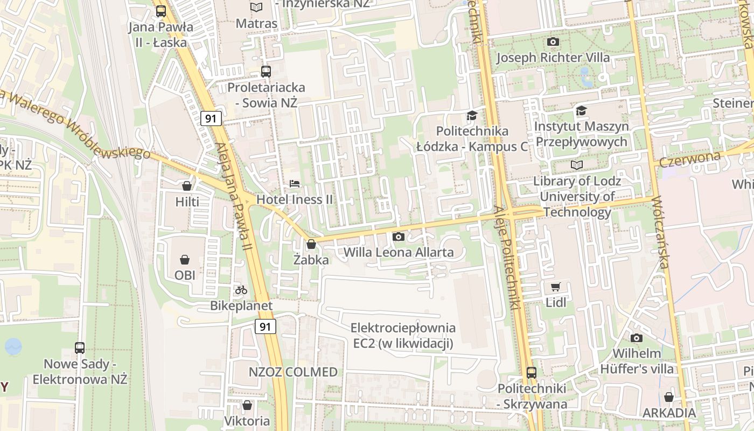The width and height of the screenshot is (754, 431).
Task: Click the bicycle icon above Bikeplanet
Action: coord(241,290)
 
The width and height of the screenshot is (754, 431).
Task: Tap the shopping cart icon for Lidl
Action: coord(556,287)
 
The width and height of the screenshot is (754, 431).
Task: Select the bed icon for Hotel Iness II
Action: coord(295,184)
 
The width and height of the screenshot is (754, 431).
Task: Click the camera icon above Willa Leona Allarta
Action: coord(399,237)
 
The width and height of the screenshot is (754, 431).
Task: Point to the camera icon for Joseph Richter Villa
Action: coord(553,41)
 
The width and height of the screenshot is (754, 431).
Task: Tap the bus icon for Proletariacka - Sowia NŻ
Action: coord(266,71)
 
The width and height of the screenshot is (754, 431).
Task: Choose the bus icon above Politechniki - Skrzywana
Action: coord(532,372)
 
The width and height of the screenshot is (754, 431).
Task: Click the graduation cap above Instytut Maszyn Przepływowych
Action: coord(581,111)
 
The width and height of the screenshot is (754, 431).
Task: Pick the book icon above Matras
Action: coord(256,7)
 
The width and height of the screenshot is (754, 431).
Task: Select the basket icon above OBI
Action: coord(185,260)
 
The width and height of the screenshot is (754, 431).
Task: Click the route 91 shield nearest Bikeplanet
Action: coord(265,326)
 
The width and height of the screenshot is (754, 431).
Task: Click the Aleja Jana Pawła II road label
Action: coord(234,196)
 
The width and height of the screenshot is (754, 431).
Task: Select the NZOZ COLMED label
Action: coord(293,372)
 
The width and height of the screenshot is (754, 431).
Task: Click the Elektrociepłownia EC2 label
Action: coord(403,335)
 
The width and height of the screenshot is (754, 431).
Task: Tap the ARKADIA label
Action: coord(669,413)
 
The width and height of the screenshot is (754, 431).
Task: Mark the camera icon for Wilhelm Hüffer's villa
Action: coord(637,338)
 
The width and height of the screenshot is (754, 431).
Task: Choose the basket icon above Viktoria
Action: coord(247,405)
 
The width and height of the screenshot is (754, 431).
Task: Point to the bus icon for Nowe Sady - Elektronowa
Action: coord(80,348)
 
